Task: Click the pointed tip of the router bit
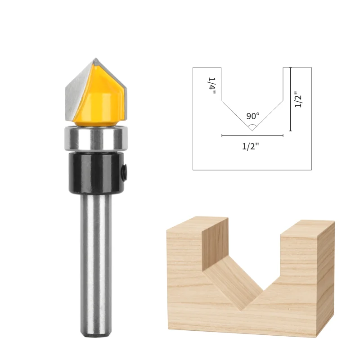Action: tap(96, 59)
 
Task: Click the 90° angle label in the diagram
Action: tap(252, 116)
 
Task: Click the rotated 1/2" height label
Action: tap(297, 99)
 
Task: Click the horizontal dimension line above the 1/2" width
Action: tap(252, 135)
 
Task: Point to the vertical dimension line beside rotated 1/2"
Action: tap(291, 99)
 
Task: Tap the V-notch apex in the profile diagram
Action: tap(252, 130)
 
